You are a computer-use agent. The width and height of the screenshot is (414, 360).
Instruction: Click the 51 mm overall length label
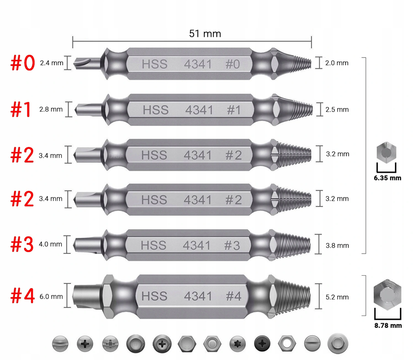[x=205, y=34]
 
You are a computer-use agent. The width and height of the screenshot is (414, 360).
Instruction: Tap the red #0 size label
[x=23, y=63]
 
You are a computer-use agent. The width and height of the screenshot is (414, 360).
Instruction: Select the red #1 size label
[x=21, y=109]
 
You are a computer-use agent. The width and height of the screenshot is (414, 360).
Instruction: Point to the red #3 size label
[x=22, y=245]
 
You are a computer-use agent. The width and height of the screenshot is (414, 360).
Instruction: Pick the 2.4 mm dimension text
[x=51, y=63]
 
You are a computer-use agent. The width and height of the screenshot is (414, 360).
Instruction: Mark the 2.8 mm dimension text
[x=51, y=109]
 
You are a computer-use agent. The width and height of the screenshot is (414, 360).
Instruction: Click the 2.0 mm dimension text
[x=337, y=63]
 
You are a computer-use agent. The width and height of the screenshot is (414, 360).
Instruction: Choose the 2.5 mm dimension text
[x=337, y=110]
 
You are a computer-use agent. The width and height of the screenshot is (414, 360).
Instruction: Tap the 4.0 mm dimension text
[x=50, y=244]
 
